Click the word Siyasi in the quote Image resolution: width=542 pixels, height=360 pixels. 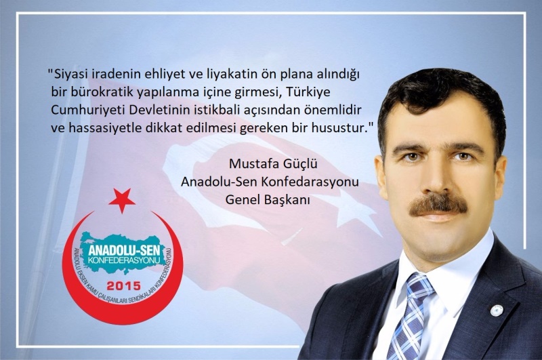pyautogui.click(x=66, y=75)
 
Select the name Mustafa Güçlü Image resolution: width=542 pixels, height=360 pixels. pyautogui.click(x=273, y=163)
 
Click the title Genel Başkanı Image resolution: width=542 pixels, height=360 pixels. pyautogui.click(x=268, y=199)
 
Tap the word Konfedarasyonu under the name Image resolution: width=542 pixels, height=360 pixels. pyautogui.click(x=310, y=182)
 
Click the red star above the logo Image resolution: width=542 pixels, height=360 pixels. pyautogui.click(x=122, y=200)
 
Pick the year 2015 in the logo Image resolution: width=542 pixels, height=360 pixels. pyautogui.click(x=124, y=285)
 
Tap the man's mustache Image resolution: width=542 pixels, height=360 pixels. pyautogui.click(x=438, y=204)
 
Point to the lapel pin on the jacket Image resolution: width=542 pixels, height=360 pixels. pyautogui.click(x=497, y=311)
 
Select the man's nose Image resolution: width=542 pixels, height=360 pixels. pyautogui.click(x=436, y=176)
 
